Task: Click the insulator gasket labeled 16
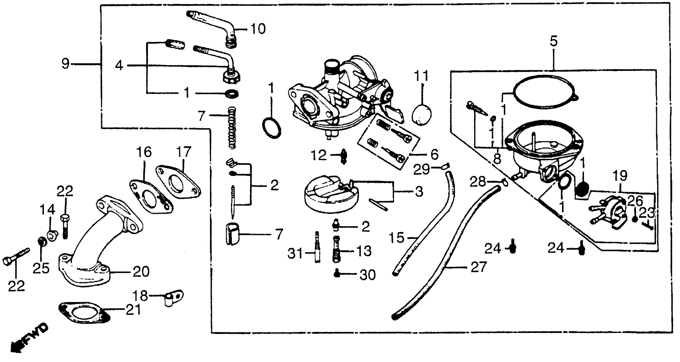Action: click(151, 197)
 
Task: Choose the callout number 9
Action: click(65, 64)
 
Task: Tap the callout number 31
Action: click(295, 254)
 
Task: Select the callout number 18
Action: click(140, 296)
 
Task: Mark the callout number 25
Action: click(41, 268)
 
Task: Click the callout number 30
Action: click(367, 275)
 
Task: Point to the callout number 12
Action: click(318, 155)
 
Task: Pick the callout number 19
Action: click(620, 176)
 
